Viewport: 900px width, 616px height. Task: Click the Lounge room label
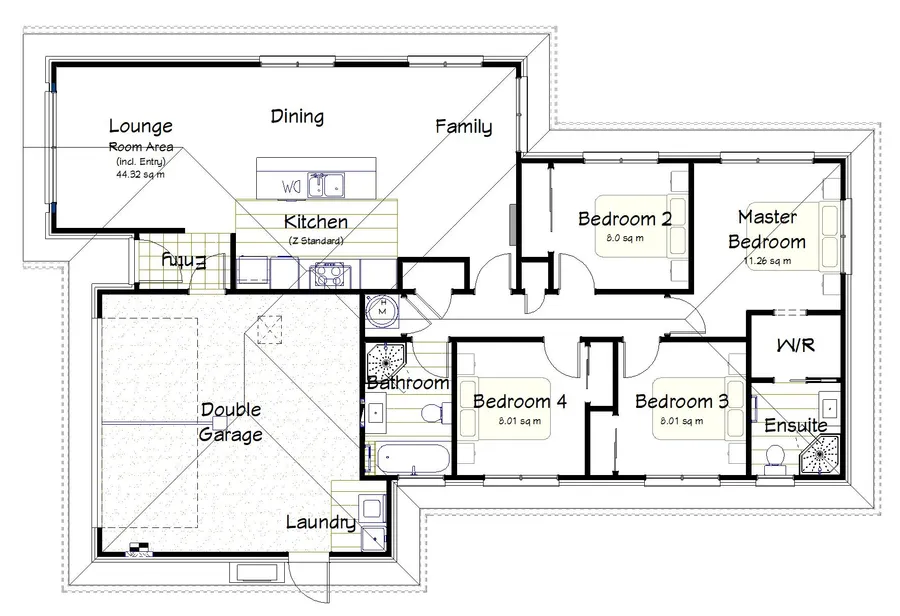coord(140,127)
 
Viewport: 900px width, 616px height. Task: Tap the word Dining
coord(297,117)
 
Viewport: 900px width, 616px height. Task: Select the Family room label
coord(463,127)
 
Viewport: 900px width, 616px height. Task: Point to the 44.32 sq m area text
coord(140,173)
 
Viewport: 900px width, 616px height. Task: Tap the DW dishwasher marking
coord(292,186)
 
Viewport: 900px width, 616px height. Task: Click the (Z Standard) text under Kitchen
coord(316,241)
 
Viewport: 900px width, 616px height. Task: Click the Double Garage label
coord(231,422)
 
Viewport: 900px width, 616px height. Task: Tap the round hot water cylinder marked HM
coord(380,310)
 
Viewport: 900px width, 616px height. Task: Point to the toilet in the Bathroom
coord(433,411)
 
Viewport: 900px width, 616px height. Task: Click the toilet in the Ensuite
coord(773,457)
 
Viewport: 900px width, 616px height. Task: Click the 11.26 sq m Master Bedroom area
coord(767,262)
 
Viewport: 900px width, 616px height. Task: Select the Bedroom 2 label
coord(624,219)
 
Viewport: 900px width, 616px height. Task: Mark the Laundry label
coord(320,522)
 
